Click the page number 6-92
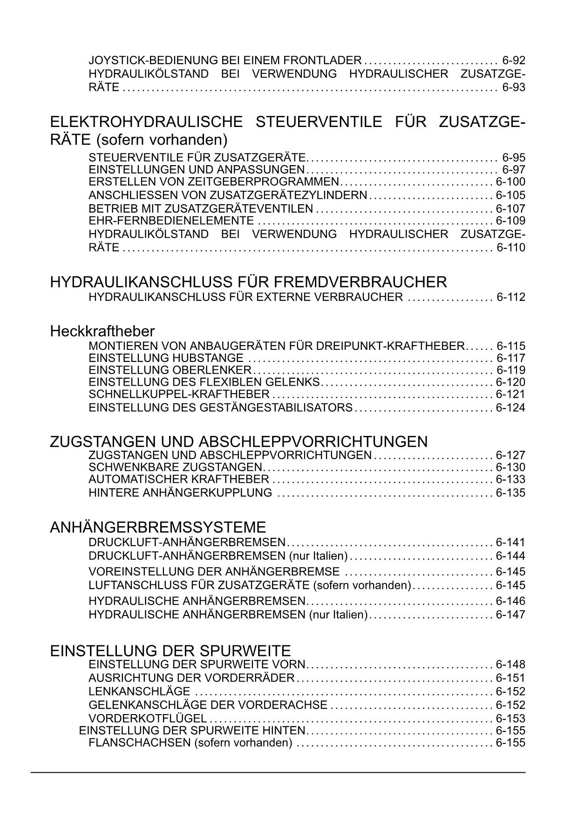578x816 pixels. (514, 60)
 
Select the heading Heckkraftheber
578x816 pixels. (102, 331)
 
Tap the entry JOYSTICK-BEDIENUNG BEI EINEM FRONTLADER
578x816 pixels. (225, 60)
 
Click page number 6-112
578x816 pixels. (510, 297)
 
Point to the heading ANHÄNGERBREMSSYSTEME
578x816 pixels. (158, 527)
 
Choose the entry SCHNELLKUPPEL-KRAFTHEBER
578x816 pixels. (179, 395)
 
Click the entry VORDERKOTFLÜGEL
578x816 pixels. (148, 718)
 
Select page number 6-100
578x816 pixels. (510, 182)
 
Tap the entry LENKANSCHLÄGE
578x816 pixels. (139, 692)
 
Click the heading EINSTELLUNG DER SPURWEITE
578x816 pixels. (170, 650)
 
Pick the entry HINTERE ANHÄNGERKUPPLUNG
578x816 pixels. (180, 493)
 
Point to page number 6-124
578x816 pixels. (510, 408)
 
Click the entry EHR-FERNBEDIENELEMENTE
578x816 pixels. (171, 221)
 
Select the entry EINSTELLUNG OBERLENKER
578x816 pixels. (170, 370)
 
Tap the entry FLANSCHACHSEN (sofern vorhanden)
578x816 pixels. (190, 743)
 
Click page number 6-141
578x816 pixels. (510, 542)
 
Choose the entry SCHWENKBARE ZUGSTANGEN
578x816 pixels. (177, 467)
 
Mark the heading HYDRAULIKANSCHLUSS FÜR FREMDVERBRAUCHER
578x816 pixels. (248, 282)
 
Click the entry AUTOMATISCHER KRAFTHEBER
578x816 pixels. (179, 479)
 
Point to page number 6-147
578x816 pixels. (510, 615)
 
